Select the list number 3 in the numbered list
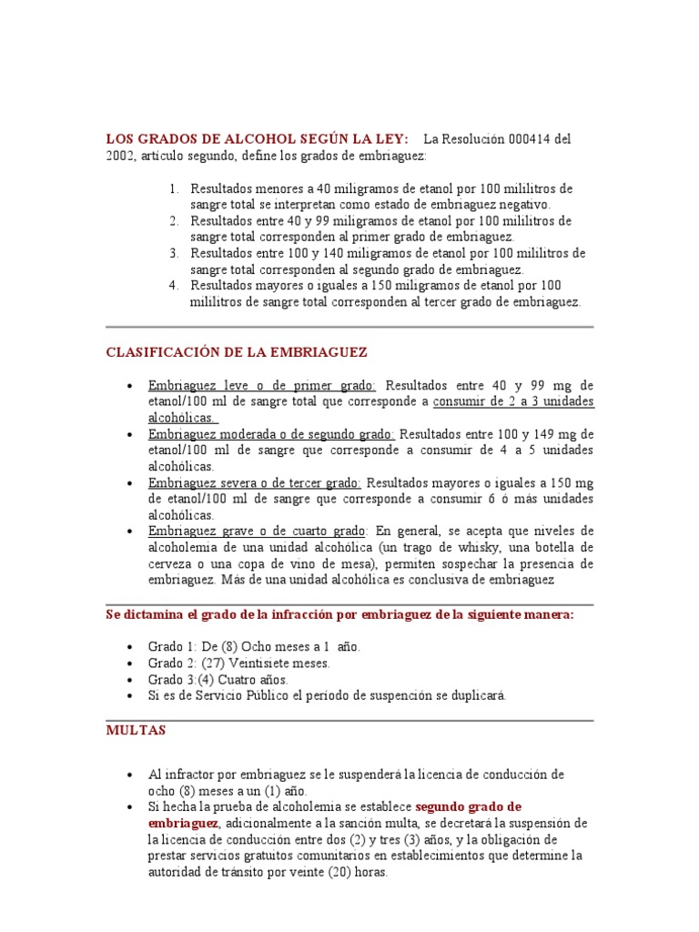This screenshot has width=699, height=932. coord(175,253)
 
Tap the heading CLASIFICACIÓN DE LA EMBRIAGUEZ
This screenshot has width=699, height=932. coord(237,351)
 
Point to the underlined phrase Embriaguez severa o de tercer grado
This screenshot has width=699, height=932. coord(255,482)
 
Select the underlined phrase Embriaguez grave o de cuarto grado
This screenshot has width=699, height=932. coord(258,531)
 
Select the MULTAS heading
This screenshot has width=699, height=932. coord(137,730)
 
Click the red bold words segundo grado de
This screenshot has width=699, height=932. coord(468,806)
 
